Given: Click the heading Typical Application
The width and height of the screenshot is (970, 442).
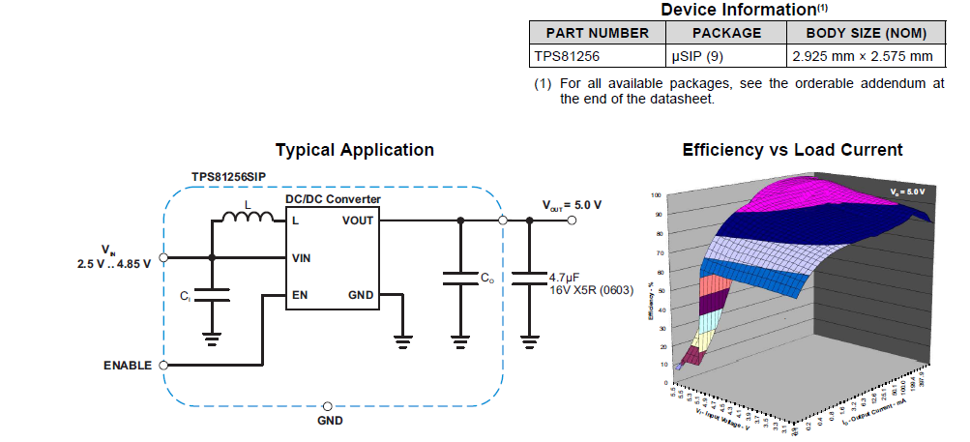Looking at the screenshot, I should coord(354,150).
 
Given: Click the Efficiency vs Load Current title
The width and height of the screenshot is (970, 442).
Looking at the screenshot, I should coord(792,150).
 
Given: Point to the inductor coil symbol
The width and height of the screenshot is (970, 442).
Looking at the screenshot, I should coord(247,219).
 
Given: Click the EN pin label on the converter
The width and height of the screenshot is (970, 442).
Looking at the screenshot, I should coord(299,295).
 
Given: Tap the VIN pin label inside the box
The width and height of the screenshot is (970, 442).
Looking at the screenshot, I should coord(302,258).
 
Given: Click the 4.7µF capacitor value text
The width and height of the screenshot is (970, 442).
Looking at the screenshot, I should coord(565,277).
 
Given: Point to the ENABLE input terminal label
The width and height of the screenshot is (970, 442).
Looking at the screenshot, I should coord(127,366).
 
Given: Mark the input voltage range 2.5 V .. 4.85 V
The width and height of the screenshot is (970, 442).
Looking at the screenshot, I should coord(114,263).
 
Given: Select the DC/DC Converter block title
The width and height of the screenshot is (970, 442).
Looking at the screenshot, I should coord(333,199).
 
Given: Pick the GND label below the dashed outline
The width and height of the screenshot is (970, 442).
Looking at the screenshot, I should coord(330,421).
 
